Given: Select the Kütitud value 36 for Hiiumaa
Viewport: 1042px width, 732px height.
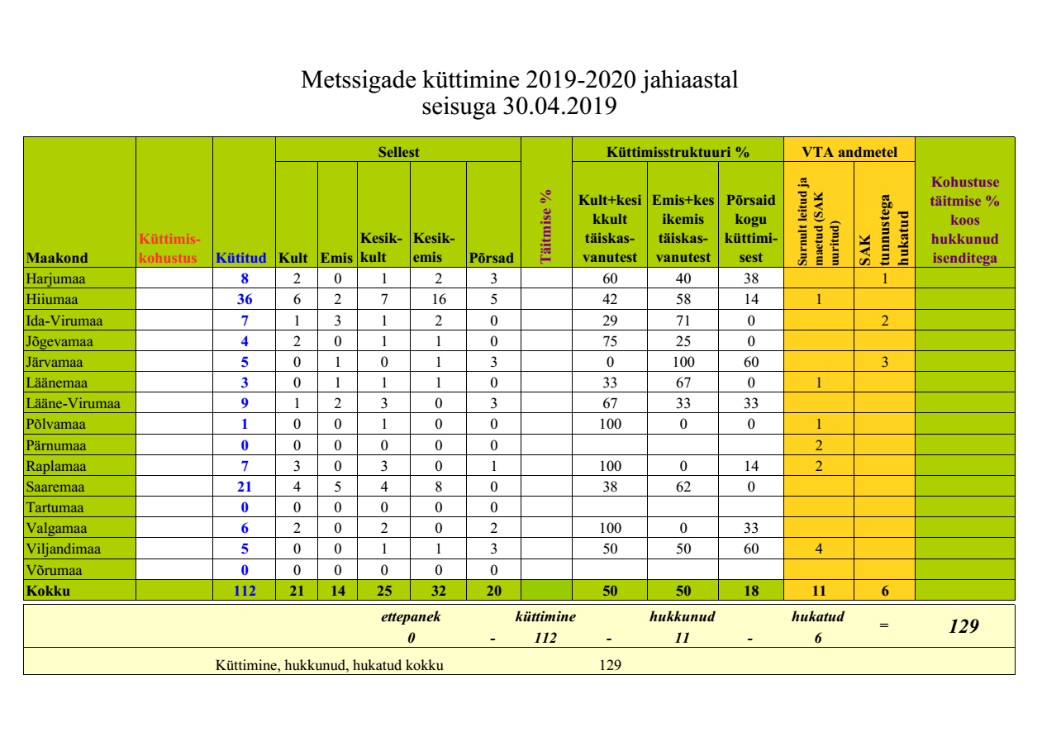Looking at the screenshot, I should [245, 299].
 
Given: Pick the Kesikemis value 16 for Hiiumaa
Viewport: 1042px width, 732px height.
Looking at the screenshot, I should [438, 299].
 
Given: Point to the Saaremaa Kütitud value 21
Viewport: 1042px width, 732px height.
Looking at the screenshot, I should [245, 487].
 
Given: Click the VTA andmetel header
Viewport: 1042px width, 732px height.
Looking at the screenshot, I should [849, 152].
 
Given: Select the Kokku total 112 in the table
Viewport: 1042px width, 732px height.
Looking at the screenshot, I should [245, 591].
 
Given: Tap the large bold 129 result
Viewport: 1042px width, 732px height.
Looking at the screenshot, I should [963, 626].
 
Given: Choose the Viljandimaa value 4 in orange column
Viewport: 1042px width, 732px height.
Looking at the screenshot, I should [818, 549].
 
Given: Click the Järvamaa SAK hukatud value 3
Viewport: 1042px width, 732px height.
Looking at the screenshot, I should [884, 362].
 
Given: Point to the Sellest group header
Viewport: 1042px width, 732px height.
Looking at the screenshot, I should [398, 152].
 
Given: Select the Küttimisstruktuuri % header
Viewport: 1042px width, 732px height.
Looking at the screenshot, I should [678, 152].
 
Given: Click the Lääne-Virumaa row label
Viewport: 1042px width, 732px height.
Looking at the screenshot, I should [74, 403].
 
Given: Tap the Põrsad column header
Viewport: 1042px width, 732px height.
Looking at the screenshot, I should [492, 258].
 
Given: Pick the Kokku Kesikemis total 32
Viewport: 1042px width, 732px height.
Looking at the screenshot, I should [438, 591].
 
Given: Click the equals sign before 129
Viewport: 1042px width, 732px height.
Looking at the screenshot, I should [884, 626].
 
